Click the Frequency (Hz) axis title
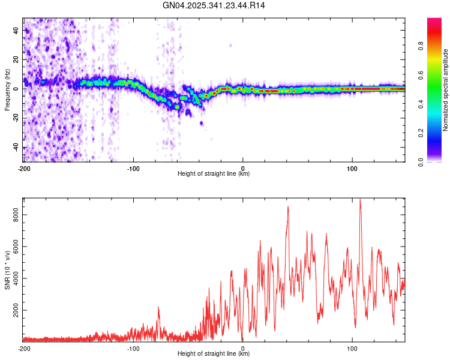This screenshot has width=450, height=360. (7, 91)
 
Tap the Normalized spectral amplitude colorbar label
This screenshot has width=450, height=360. (445, 90)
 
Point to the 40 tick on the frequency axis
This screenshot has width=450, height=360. (16, 30)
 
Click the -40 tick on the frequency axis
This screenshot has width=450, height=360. (14, 148)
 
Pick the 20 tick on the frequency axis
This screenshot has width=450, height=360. (16, 59)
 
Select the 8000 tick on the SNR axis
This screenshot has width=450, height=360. (13, 215)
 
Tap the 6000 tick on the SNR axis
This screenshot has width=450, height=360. (13, 247)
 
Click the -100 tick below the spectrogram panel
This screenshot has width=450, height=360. (133, 167)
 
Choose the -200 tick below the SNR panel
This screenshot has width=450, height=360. (24, 347)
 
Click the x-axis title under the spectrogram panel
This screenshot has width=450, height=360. (214, 174)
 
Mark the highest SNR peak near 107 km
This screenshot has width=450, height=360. (360, 200)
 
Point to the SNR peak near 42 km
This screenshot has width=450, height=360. (289, 206)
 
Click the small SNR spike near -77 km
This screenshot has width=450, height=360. (158, 308)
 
